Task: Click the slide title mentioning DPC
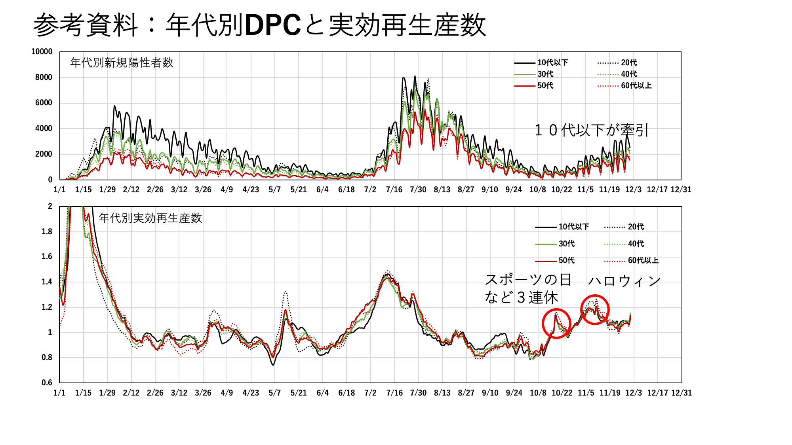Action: click(x=259, y=25)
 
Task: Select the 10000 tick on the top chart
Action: click(x=42, y=52)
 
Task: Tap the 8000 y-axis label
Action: click(x=44, y=78)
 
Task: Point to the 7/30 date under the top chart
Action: click(x=418, y=190)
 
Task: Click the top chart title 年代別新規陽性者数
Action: click(x=122, y=63)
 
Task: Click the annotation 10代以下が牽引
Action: click(x=591, y=130)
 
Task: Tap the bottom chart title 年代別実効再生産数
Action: click(x=150, y=218)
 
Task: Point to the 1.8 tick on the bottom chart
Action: click(x=47, y=232)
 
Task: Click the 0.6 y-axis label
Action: click(x=47, y=383)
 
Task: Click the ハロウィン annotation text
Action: click(x=624, y=281)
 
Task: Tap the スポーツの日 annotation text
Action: click(x=528, y=280)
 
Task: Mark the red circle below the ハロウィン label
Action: click(x=595, y=310)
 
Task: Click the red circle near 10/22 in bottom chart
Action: click(x=556, y=324)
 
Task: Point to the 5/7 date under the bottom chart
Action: click(x=274, y=393)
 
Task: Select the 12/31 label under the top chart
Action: click(x=681, y=190)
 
